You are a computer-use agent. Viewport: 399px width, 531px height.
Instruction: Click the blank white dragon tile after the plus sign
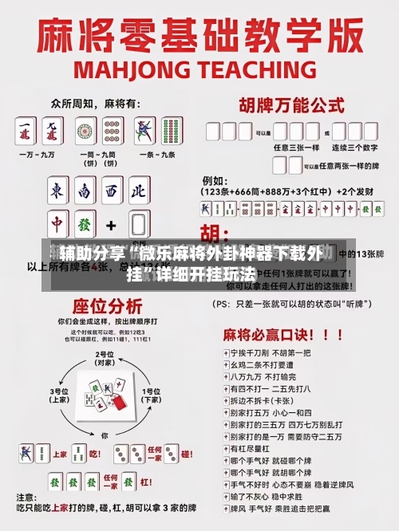[139, 224]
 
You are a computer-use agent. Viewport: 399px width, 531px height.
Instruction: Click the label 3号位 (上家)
[60, 395]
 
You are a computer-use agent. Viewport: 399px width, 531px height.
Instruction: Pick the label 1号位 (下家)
[151, 395]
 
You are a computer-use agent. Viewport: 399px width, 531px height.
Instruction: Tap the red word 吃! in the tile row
[93, 454]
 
